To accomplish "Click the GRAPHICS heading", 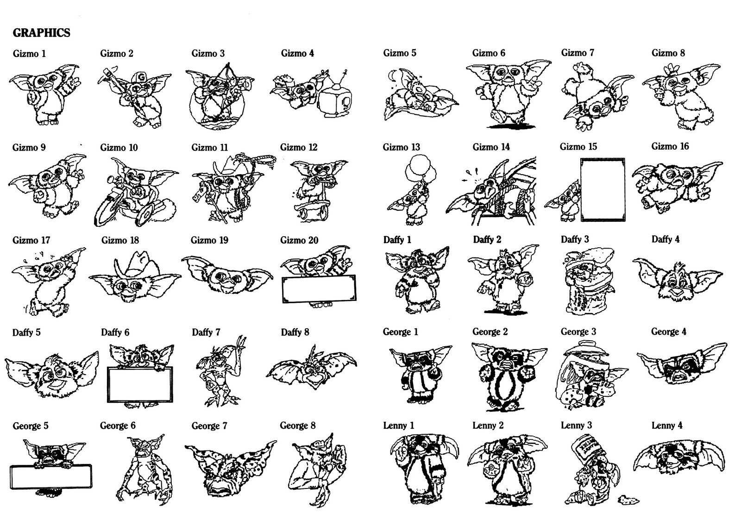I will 41,32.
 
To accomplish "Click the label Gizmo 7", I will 577,53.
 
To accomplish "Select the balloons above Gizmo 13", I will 420,169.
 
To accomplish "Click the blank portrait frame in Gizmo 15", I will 602,190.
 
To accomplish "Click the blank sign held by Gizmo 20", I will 319,288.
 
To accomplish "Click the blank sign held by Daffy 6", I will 140,384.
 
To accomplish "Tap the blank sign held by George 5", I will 50,476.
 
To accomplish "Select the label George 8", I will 297,425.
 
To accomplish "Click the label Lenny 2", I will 488,425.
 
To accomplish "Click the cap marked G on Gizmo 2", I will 139,77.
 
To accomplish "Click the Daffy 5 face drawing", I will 52,373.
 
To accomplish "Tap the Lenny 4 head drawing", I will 678,456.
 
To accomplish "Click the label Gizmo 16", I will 670,146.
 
